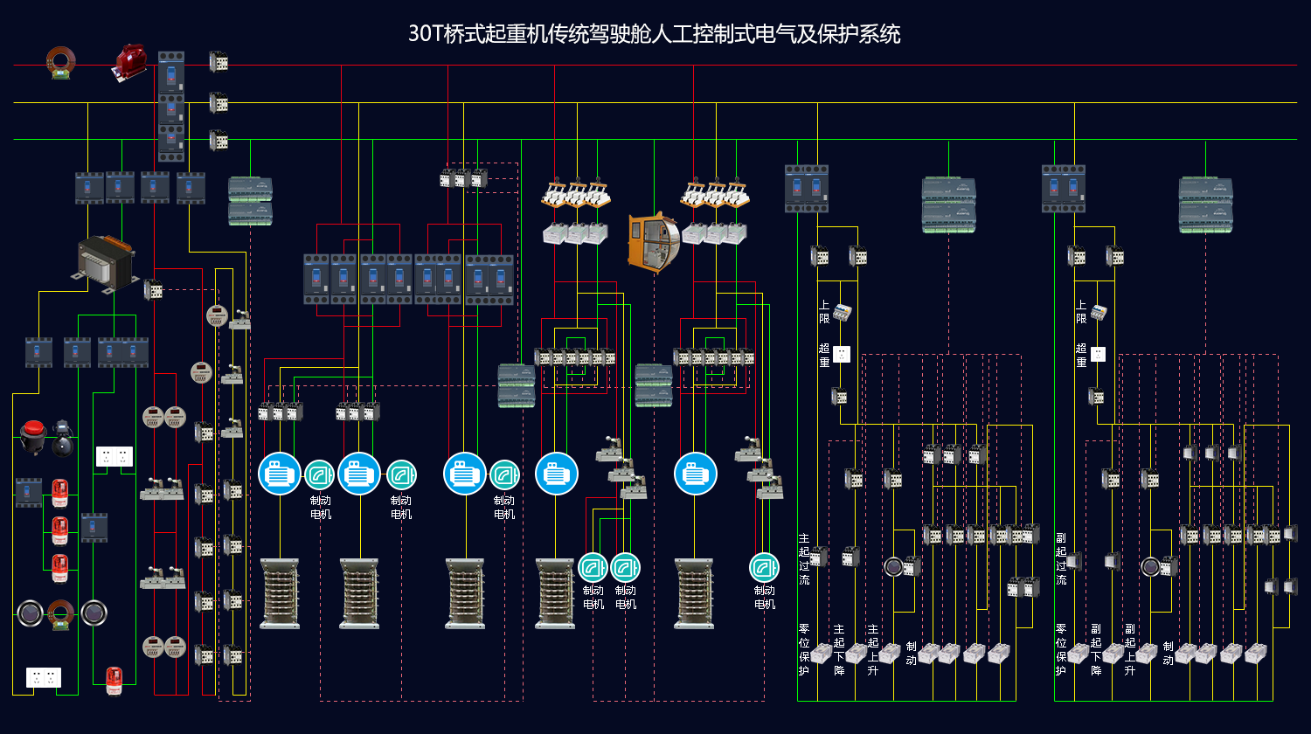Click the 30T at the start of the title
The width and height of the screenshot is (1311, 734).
click(426, 34)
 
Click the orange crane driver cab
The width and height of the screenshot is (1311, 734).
click(654, 242)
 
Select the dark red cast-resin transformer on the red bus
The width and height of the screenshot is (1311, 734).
click(130, 62)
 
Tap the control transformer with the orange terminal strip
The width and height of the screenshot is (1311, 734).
click(106, 263)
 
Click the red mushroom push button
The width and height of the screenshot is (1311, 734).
click(33, 436)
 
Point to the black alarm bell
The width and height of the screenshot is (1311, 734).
click(63, 438)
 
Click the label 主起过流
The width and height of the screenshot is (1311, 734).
click(804, 559)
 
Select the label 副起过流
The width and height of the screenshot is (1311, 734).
click(1061, 559)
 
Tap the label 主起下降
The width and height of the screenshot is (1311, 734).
click(839, 650)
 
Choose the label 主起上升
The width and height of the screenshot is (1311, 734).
click(872, 650)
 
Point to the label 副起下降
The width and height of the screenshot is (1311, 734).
click(1096, 650)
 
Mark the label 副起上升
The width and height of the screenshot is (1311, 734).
click(1129, 650)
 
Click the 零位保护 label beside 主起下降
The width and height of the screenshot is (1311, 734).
click(804, 650)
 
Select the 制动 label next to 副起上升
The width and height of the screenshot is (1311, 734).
click(1169, 654)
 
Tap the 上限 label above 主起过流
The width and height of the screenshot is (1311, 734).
click(824, 312)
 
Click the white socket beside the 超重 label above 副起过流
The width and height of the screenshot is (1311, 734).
click(1099, 354)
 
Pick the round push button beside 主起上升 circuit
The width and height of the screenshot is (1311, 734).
click(893, 566)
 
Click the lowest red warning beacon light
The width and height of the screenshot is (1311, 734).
click(114, 682)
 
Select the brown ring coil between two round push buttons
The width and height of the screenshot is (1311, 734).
click(61, 615)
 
